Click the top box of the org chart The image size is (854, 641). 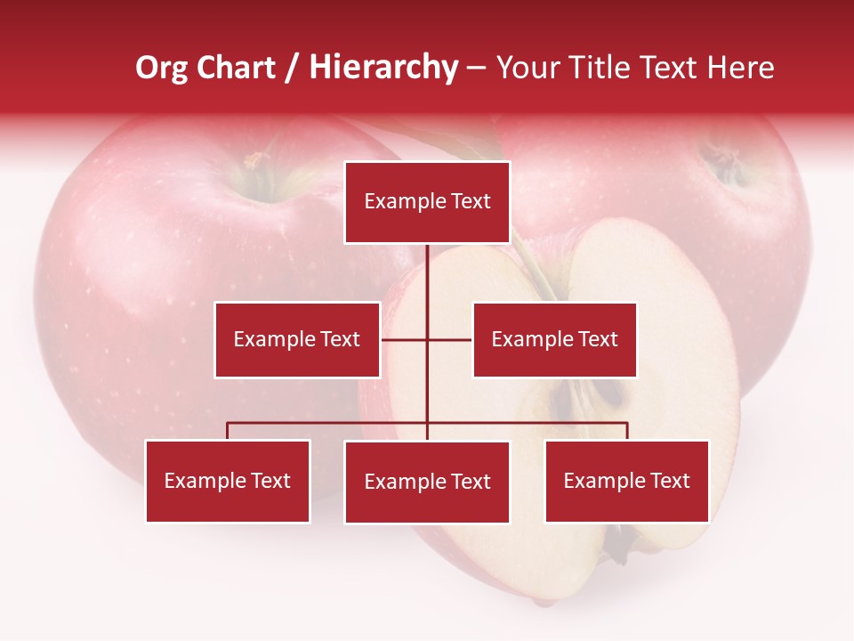pos(428,202)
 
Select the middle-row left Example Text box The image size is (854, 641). pos(297,339)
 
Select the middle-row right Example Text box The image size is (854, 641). pos(554,339)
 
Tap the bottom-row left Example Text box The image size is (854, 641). pos(228,481)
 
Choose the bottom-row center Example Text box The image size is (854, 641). pos(427,482)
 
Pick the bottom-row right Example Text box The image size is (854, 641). pos(627,481)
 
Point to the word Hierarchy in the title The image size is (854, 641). pos(383,68)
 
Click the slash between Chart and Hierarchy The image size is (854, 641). pos(293,69)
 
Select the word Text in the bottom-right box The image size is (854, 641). pos(670,481)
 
